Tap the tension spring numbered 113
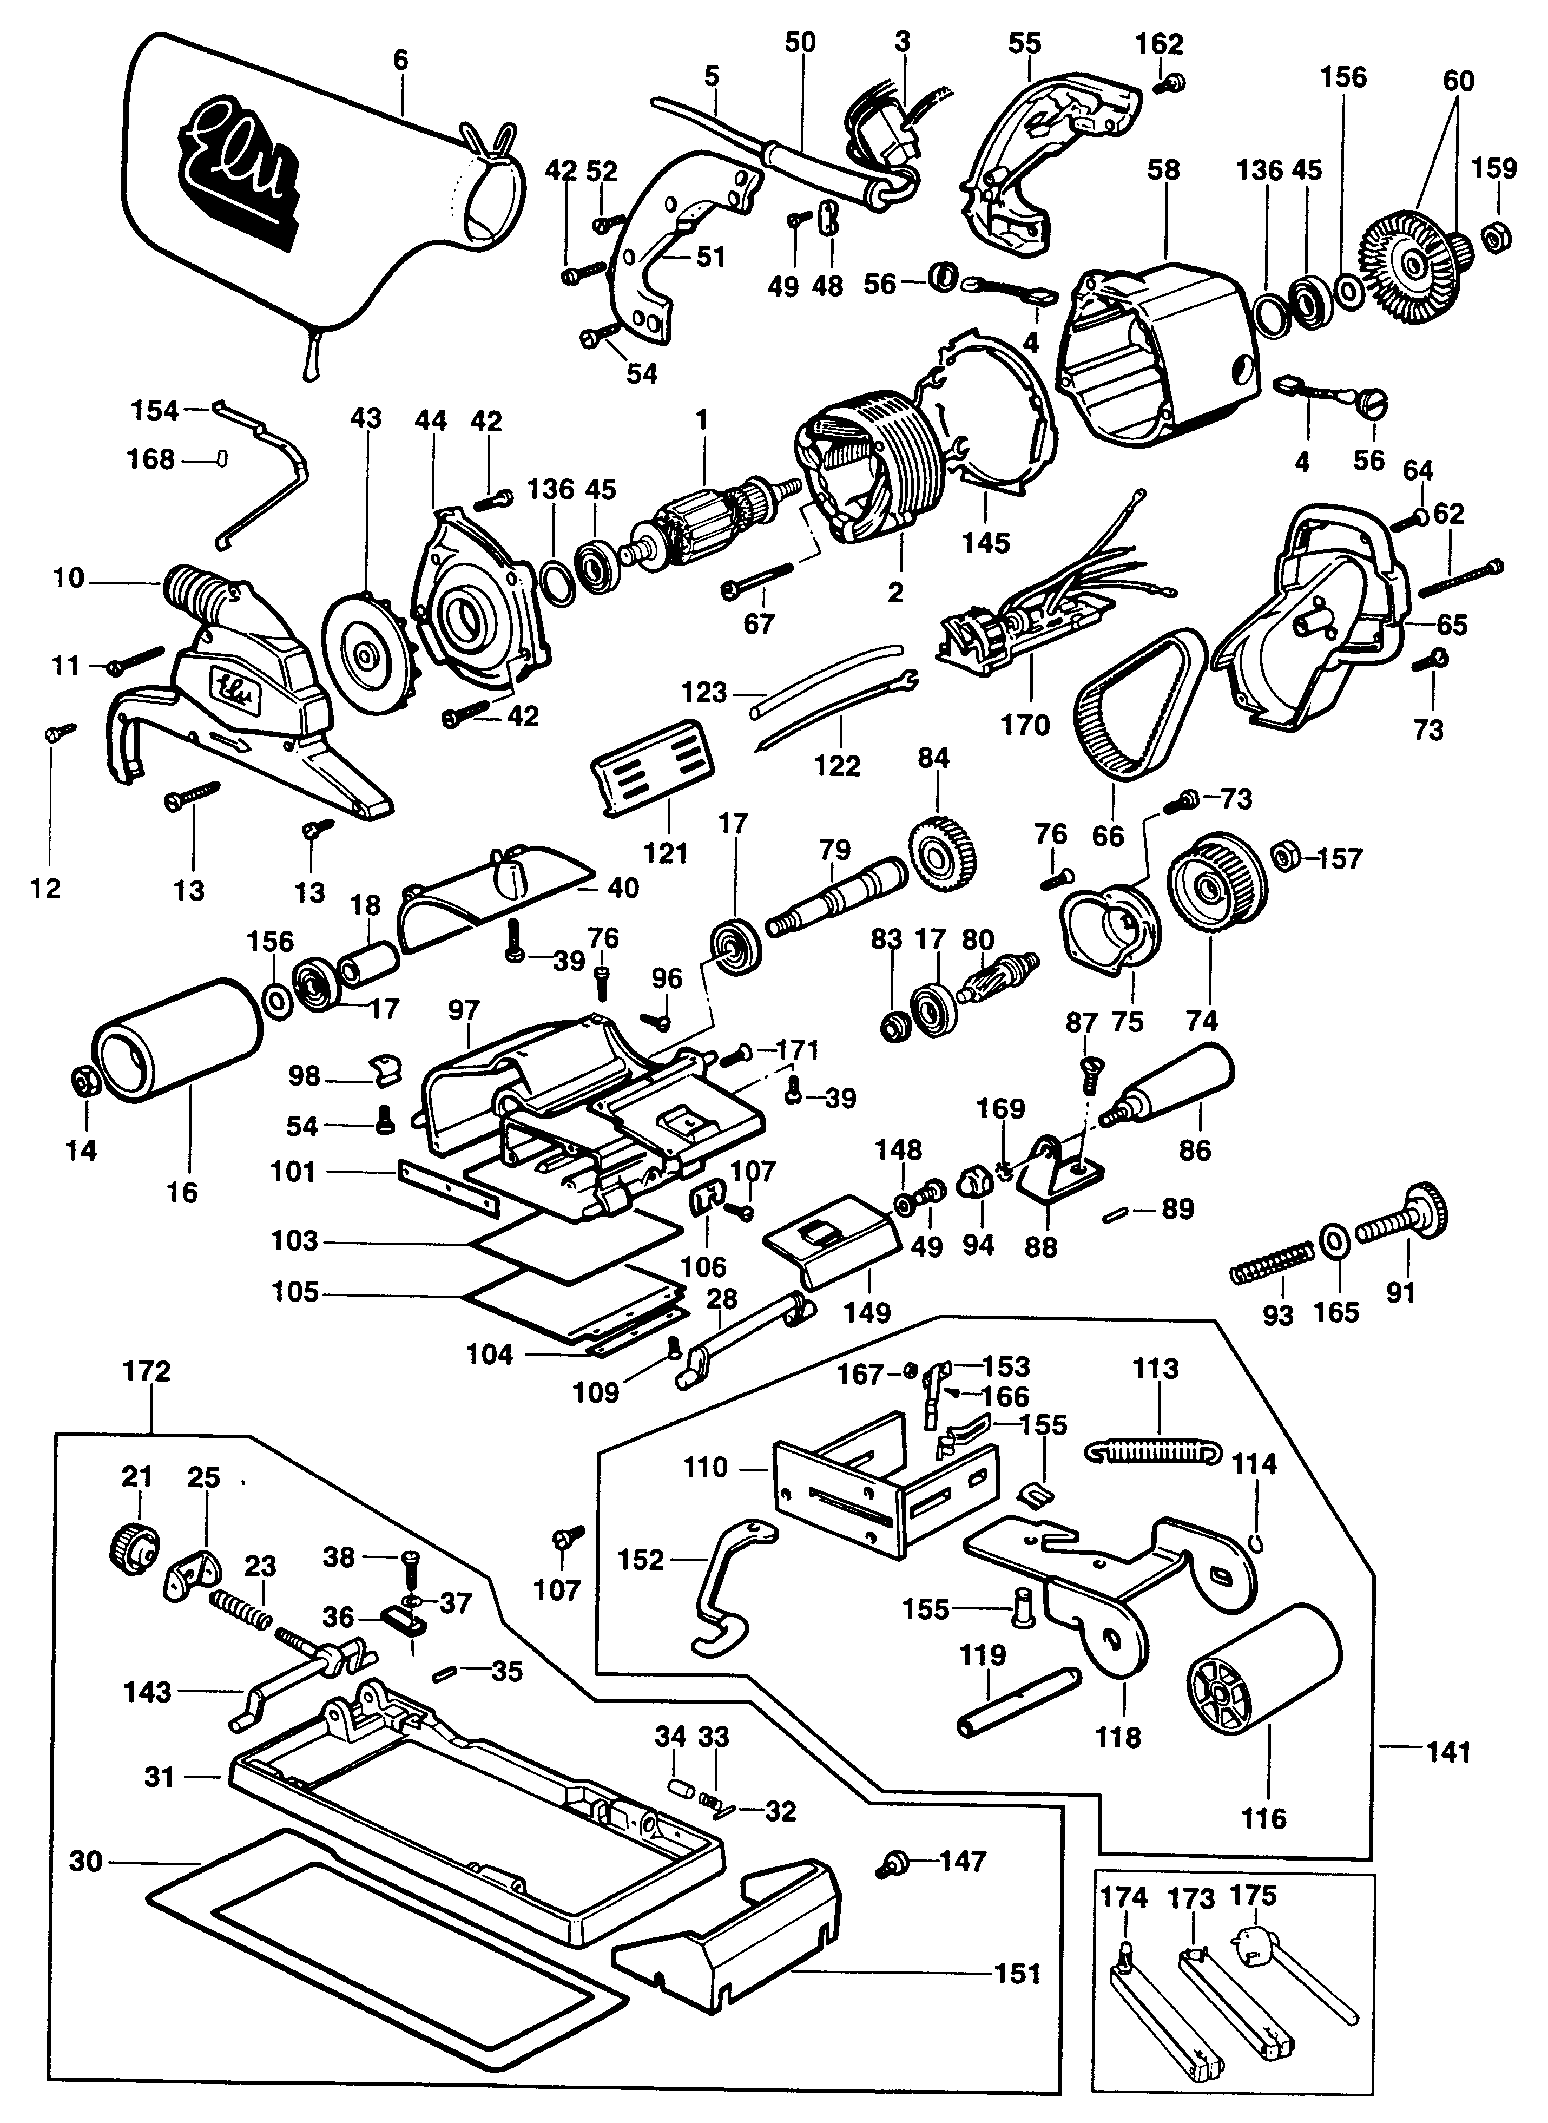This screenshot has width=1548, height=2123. click(1155, 1450)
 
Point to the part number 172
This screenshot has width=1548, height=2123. click(147, 1371)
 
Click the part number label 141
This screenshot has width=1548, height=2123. click(1448, 1750)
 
